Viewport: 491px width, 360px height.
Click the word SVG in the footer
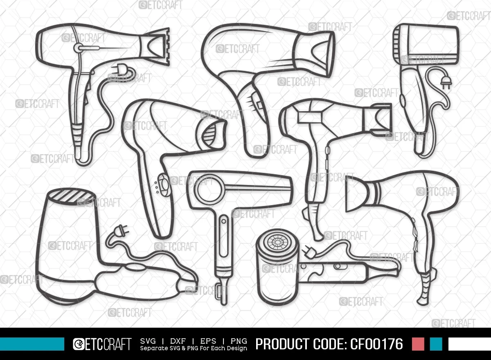pyautogui.click(x=148, y=341)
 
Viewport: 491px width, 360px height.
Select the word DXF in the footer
pyautogui.click(x=178, y=341)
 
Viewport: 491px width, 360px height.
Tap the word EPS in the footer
pyautogui.click(x=208, y=341)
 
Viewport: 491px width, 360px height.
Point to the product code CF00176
pyautogui.click(x=376, y=344)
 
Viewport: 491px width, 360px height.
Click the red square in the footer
pyautogui.click(x=418, y=344)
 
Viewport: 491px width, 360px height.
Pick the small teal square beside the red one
pyautogui.click(x=436, y=344)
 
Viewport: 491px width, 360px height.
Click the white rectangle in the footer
pyautogui.click(x=470, y=344)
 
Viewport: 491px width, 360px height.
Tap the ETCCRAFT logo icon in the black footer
pyautogui.click(x=79, y=344)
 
